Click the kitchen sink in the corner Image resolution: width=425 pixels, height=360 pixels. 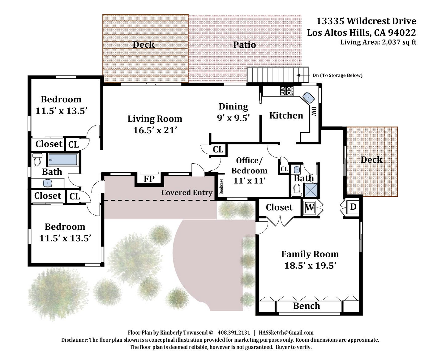tap(309, 97)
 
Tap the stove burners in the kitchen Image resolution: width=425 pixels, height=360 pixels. tap(287, 91)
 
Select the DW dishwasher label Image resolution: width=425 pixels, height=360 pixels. tap(314, 111)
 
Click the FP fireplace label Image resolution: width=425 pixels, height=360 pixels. tap(149, 179)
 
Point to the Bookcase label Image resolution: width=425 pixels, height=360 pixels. tap(221, 186)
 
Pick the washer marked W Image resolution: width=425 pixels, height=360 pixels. tap(310, 207)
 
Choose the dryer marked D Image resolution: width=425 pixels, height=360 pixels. tap(353, 207)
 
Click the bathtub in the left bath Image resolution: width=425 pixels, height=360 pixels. tap(63, 160)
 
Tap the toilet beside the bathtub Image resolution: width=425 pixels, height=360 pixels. tap(37, 159)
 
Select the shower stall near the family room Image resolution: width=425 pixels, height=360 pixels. tap(311, 191)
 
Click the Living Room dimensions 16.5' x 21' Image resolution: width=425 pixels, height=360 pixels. tap(155, 130)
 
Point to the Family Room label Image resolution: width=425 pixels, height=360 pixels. tap(310, 254)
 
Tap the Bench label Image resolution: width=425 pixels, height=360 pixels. tap(307, 306)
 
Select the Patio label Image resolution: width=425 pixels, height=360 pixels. tap(244, 45)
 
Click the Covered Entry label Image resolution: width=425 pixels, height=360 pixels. tap(187, 193)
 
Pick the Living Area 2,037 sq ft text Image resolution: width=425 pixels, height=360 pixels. tap(378, 42)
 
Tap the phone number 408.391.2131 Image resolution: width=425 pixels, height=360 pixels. tap(234, 333)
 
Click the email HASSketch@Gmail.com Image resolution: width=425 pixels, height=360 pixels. tap(286, 333)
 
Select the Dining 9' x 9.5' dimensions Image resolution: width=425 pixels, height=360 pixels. tap(234, 118)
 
